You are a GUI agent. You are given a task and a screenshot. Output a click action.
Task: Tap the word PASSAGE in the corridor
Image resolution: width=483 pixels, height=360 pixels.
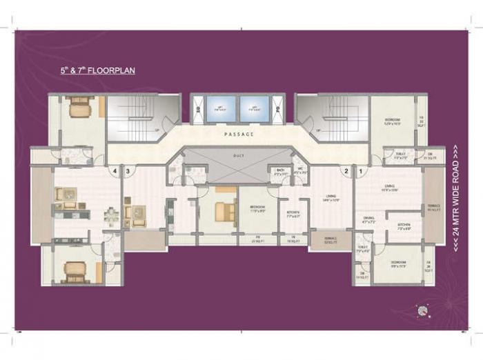coord(239,133)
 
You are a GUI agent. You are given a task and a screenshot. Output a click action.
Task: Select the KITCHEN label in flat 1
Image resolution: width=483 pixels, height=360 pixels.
coord(404,225)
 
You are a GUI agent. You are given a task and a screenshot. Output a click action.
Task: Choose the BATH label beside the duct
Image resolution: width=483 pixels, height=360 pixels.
coord(280,170)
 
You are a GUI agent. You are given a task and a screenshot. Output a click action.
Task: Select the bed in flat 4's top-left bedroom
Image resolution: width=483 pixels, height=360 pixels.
coord(79,107)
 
